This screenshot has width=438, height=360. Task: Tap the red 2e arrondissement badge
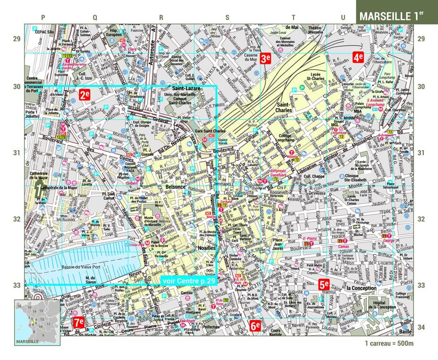pos(84,94)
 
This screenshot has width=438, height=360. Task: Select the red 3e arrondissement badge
pos(265,58)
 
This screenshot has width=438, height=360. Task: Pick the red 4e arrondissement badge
pos(358,58)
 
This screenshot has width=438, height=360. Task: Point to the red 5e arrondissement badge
pos(324,284)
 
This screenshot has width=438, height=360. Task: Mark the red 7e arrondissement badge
pos(79,323)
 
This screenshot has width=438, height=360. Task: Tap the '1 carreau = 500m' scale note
pos(389,343)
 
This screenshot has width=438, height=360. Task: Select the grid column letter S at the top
pos(227,17)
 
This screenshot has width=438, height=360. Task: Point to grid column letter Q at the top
pos(94,17)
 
